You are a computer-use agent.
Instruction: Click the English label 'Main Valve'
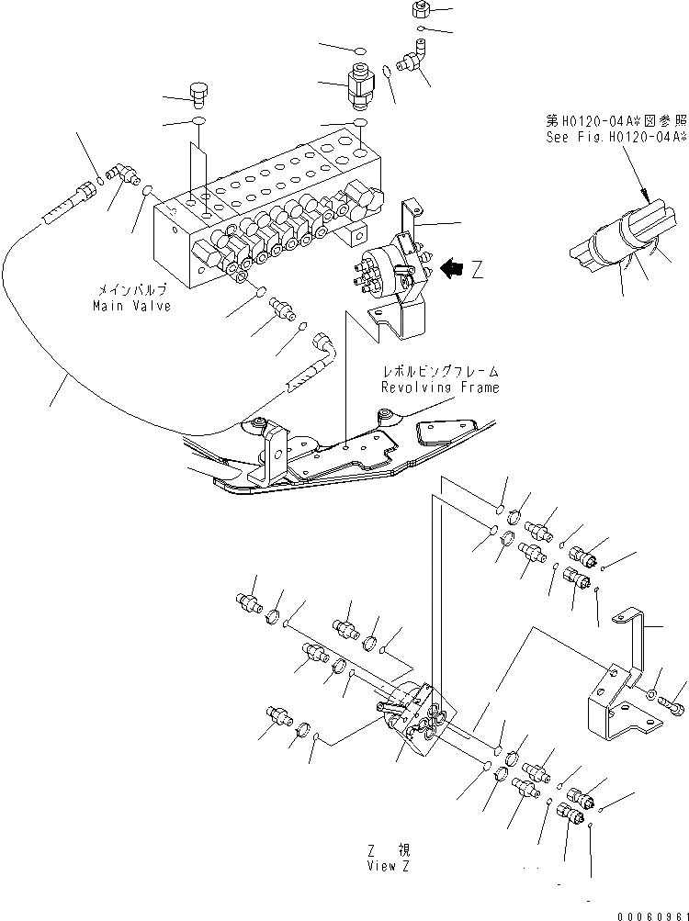[131, 306]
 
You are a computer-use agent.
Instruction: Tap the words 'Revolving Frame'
[441, 387]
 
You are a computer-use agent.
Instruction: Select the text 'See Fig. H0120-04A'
[614, 137]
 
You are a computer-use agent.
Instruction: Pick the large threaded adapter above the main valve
[357, 90]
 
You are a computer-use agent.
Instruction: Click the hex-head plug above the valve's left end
[198, 94]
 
